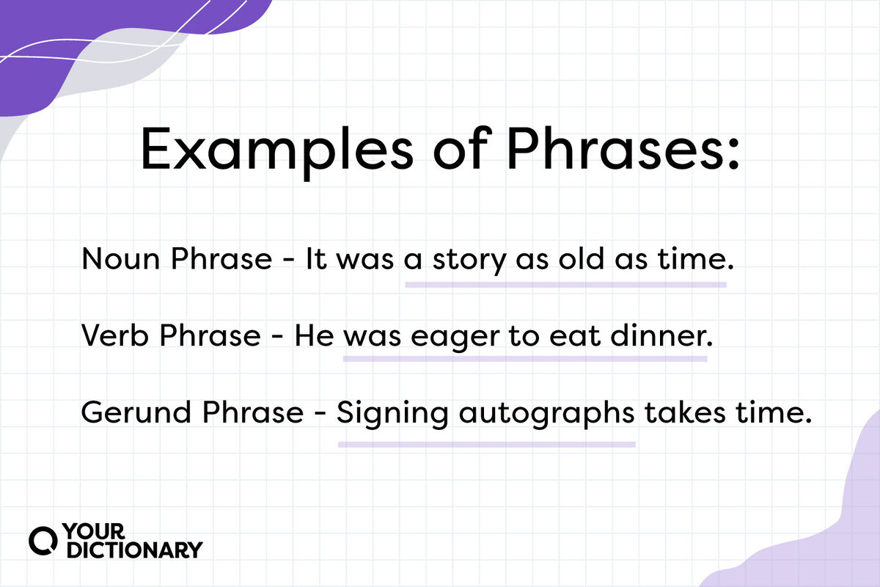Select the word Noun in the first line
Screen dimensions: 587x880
pyautogui.click(x=114, y=260)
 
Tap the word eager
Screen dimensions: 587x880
pyautogui.click(x=447, y=337)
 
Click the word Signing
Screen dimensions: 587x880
pyautogui.click(x=392, y=414)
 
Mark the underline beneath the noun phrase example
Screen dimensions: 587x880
pyautogui.click(x=565, y=283)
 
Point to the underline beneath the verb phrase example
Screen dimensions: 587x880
pyautogui.click(x=524, y=360)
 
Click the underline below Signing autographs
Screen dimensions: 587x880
pyautogui.click(x=485, y=444)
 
